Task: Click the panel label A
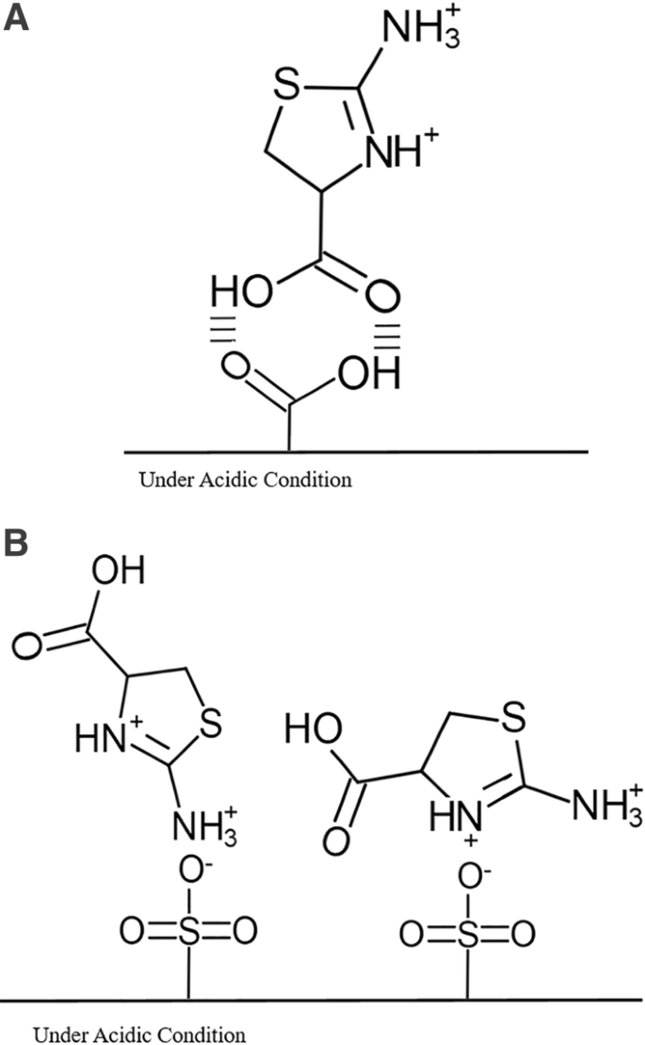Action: pyautogui.click(x=17, y=19)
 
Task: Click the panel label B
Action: pyautogui.click(x=17, y=546)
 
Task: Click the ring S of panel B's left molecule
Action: pyautogui.click(x=209, y=724)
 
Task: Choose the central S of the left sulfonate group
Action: pyautogui.click(x=187, y=932)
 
